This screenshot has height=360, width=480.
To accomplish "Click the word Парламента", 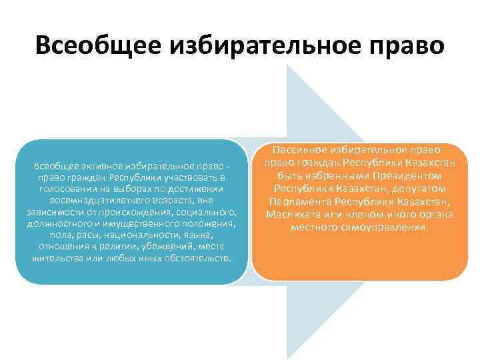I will (299, 202).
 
